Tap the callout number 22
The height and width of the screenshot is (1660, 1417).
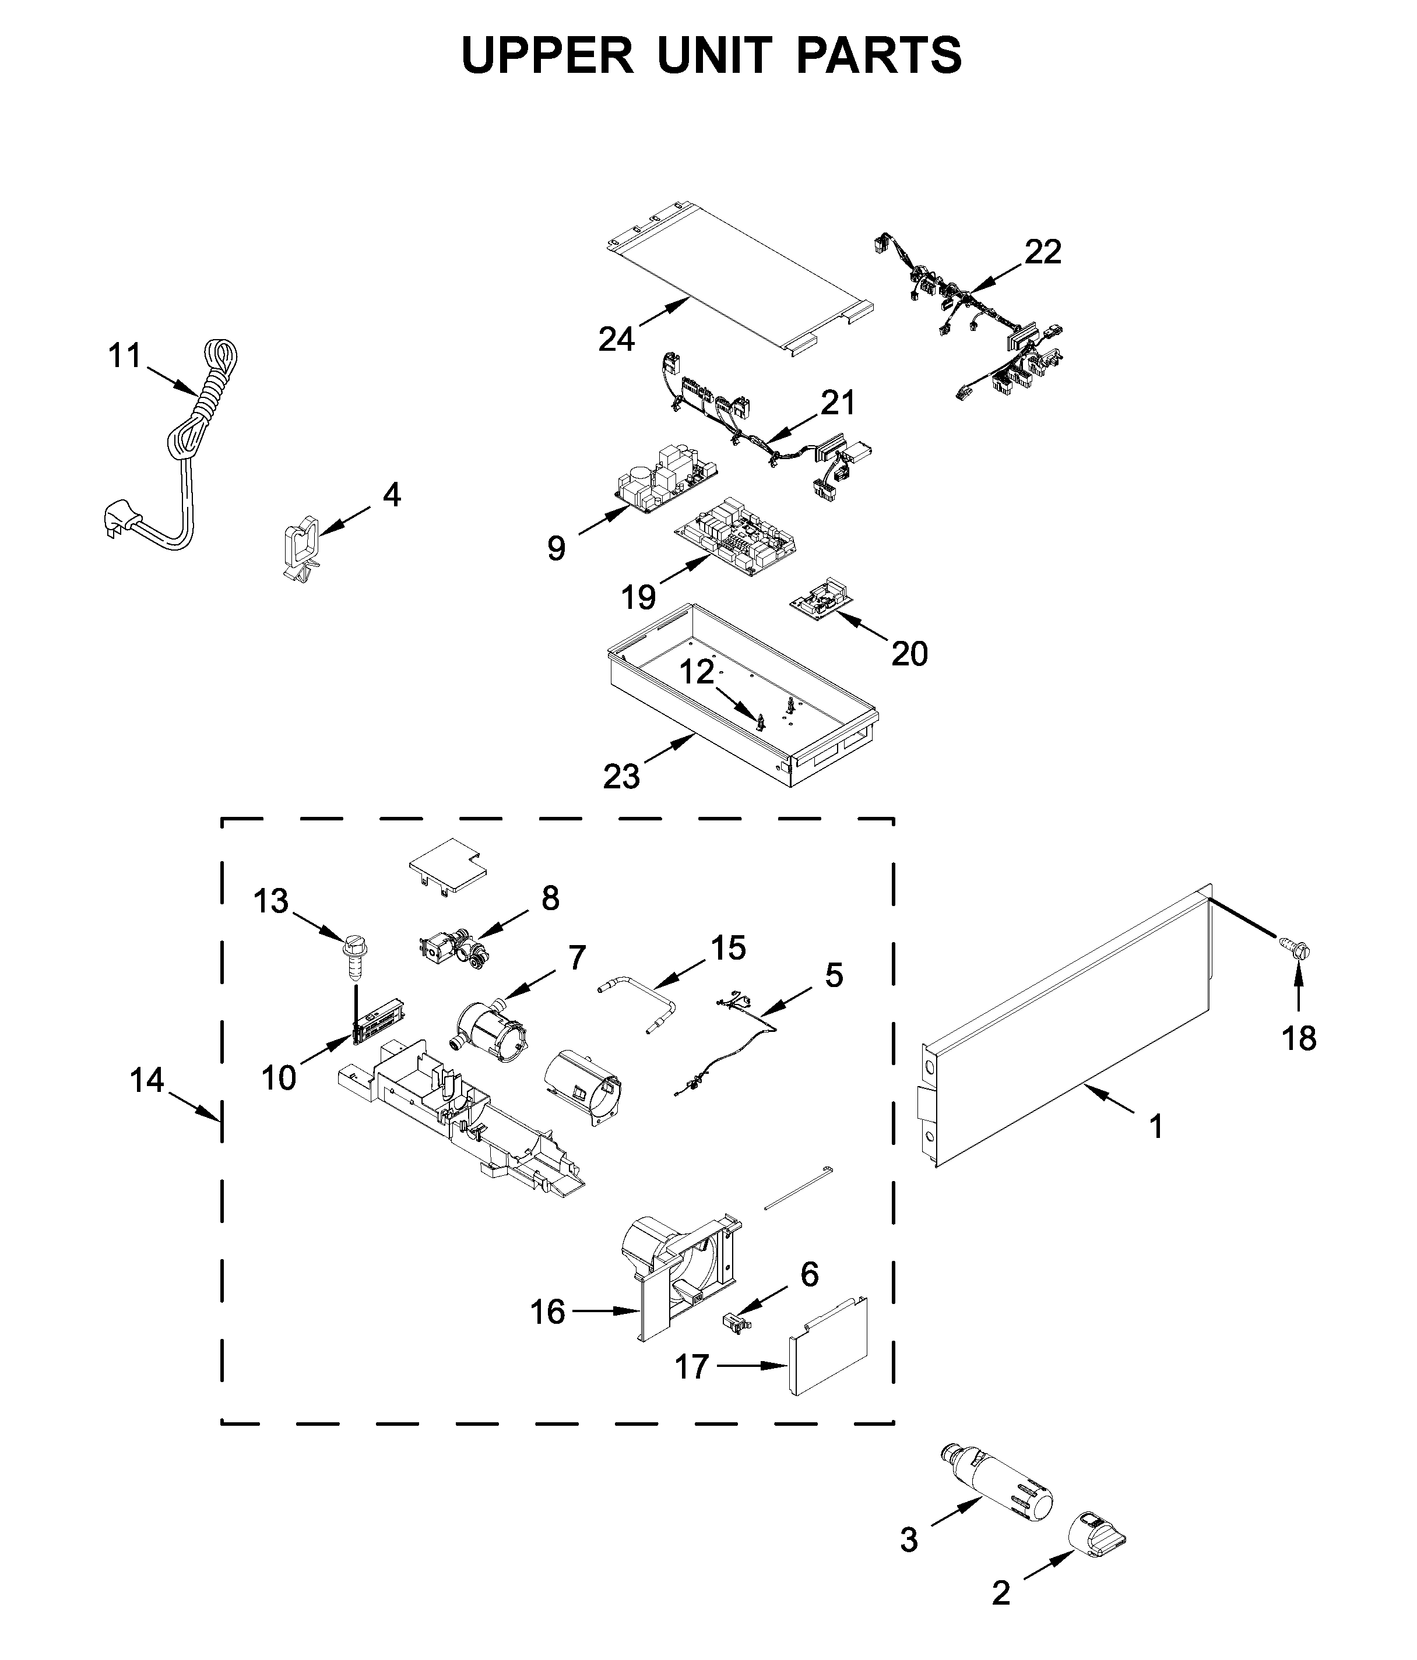pos(1043,252)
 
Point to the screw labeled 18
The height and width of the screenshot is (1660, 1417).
pos(1297,953)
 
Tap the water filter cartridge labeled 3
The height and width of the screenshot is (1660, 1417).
pos(996,1485)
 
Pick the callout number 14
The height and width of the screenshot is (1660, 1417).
pos(147,1080)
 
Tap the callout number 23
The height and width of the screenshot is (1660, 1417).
pos(621,776)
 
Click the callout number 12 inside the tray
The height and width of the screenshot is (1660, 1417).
pos(697,671)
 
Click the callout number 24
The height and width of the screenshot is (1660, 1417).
pos(616,339)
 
